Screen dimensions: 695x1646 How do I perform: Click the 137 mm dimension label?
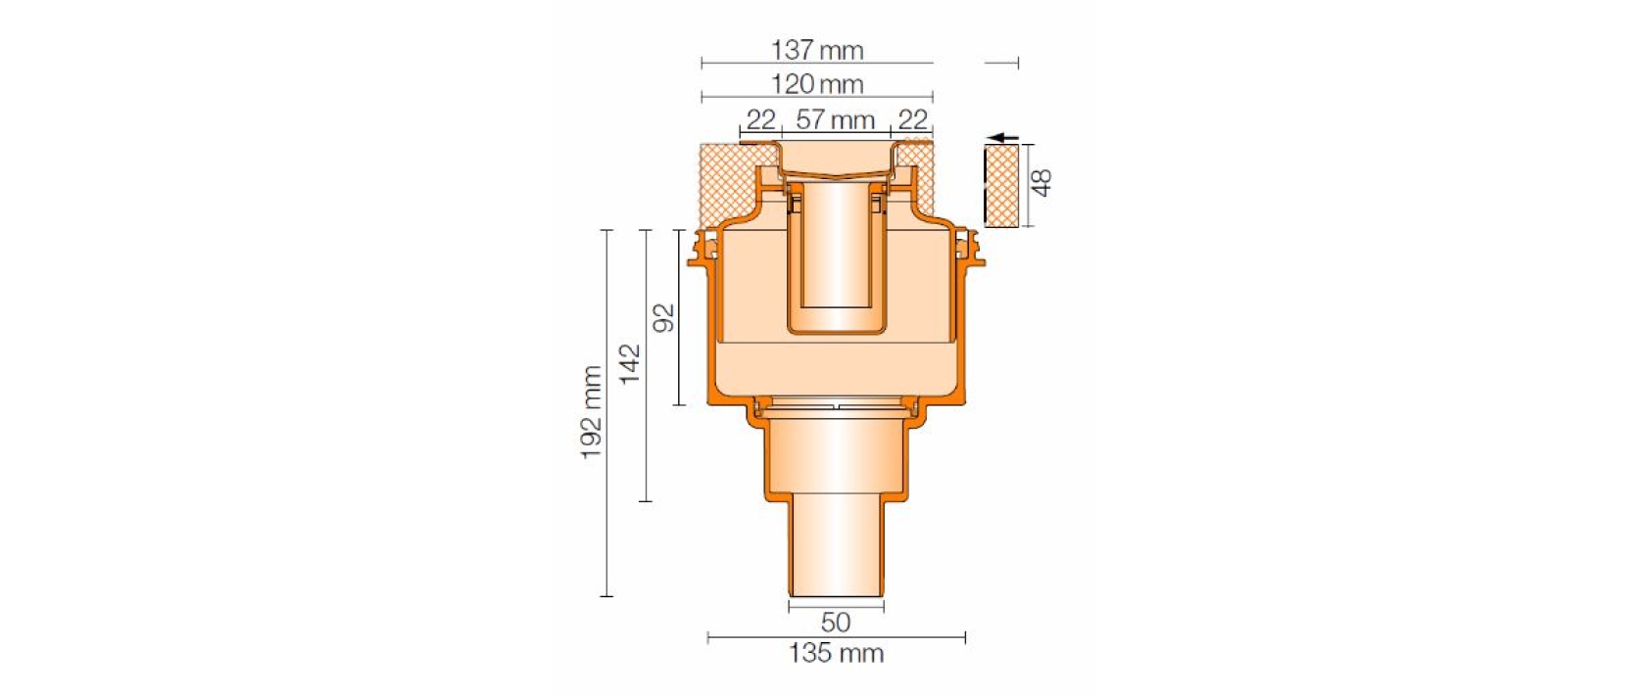(817, 50)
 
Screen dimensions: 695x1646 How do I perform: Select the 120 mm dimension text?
(817, 85)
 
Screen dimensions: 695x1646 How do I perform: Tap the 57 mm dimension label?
(835, 120)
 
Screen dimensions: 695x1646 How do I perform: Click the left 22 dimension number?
(760, 120)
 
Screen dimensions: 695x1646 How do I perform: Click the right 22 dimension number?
(912, 120)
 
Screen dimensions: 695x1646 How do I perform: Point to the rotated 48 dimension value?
(1042, 183)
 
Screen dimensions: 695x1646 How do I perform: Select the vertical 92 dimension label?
(664, 318)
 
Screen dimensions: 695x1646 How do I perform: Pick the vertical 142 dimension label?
(630, 363)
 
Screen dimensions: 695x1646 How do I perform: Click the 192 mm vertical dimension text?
(592, 412)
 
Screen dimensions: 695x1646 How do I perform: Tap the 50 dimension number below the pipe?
(835, 622)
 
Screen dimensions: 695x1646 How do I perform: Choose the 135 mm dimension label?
(836, 653)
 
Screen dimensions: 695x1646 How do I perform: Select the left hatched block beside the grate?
(727, 181)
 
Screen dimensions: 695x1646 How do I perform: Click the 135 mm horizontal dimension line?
(745, 637)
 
